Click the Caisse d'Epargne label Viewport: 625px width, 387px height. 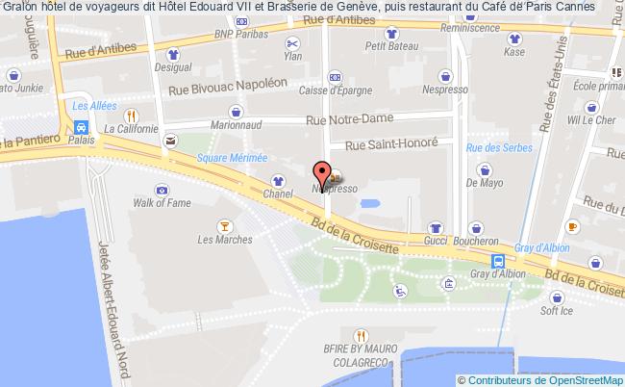click(335, 91)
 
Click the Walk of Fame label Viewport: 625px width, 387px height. click(158, 203)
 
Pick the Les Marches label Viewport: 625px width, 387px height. click(224, 239)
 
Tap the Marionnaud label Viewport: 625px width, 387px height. click(237, 123)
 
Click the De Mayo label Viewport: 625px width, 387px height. click(485, 181)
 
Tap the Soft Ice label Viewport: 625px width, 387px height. click(556, 311)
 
